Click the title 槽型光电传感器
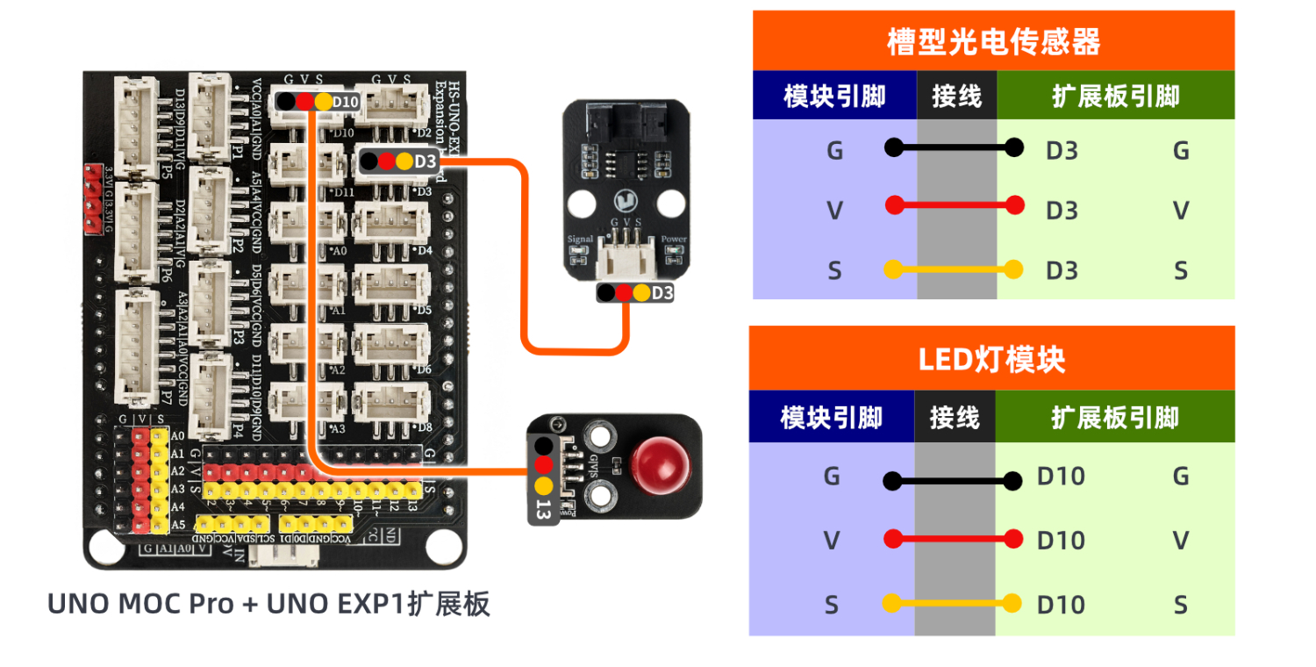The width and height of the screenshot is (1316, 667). (x=993, y=40)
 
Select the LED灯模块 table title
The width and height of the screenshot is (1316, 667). (x=991, y=359)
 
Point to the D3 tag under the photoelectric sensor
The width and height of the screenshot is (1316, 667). (x=663, y=293)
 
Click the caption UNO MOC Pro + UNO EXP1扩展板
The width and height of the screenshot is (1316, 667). (x=268, y=605)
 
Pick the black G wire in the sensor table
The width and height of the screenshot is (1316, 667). (x=954, y=147)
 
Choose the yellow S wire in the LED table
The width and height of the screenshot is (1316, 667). (x=952, y=604)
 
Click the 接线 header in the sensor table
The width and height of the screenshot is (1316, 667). (x=956, y=96)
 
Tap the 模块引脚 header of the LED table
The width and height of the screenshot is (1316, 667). (x=831, y=417)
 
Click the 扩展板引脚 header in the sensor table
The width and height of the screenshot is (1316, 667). (x=1115, y=96)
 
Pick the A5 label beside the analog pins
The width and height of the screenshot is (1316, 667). (x=178, y=525)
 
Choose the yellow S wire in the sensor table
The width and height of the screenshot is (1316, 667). (x=954, y=269)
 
